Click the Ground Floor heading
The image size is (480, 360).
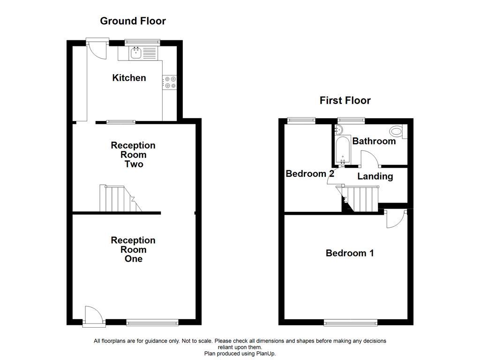coord(133,21)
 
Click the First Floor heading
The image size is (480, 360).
coord(345,100)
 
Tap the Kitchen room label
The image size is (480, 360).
coord(129,78)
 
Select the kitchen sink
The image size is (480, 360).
coord(136,53)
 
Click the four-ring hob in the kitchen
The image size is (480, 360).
coord(170,82)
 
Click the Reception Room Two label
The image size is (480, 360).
coord(133,155)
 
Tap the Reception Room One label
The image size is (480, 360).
coord(133,249)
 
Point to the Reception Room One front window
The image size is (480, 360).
coord(152,322)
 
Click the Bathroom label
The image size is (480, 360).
coord(374,141)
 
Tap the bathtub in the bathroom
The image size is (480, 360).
coord(343,150)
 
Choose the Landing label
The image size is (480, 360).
coord(375,177)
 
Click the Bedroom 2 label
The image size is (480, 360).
coord(310,174)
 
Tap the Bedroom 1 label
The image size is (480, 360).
coord(350,254)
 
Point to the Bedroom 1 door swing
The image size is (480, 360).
coord(394,219)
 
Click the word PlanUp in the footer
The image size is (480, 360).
coord(266,353)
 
